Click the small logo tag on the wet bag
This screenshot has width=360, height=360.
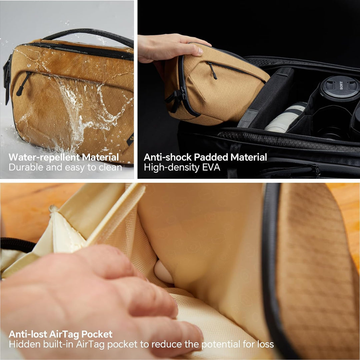click(x=130, y=138)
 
